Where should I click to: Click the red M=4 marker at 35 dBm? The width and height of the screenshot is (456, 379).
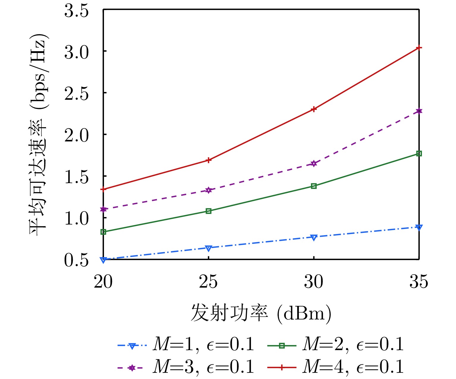(419, 48)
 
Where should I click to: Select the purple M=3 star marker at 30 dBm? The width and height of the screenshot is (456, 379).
(314, 163)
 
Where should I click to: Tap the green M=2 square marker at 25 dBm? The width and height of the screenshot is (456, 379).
(209, 211)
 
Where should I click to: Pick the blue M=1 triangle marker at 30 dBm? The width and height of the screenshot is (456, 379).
(314, 237)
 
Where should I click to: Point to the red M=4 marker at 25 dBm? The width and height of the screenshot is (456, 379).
(209, 160)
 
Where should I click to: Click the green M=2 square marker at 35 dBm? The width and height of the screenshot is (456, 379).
(419, 154)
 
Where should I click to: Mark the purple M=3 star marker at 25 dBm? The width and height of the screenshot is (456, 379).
(209, 190)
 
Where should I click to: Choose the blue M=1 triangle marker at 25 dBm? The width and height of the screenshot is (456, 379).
(209, 248)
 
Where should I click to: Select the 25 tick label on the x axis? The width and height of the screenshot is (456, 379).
(208, 281)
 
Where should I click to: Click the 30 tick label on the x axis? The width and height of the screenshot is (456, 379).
(313, 281)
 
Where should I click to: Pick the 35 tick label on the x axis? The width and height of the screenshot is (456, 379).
(419, 281)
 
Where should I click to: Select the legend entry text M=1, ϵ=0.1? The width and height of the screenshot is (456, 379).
(203, 344)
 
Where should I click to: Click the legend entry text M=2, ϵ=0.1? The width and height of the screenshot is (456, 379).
(353, 344)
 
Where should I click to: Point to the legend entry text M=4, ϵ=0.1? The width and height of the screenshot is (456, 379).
(353, 367)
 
